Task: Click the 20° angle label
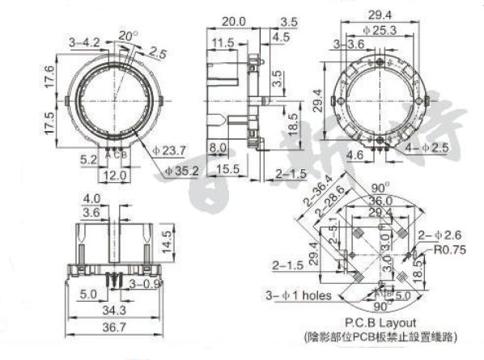pyautogui.click(x=128, y=35)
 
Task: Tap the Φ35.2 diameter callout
pyautogui.click(x=181, y=171)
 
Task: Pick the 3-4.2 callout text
pyautogui.click(x=85, y=40)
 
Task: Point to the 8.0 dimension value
pyautogui.click(x=218, y=147)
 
